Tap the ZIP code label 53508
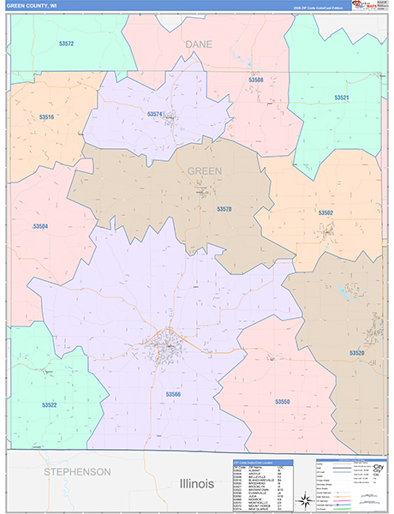256,81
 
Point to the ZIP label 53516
46,117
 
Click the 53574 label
154,114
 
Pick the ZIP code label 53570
224,209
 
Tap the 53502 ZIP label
325,212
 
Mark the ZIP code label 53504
40,226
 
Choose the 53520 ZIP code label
357,353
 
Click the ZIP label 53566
173,394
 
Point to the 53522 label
49,404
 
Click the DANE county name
198,42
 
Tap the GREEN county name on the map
205,170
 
